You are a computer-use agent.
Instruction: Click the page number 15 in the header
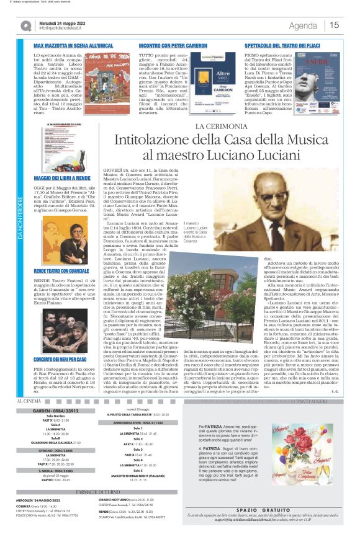(334, 25)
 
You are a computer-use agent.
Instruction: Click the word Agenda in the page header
(303, 25)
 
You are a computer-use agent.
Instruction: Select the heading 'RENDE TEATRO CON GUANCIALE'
(61, 271)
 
